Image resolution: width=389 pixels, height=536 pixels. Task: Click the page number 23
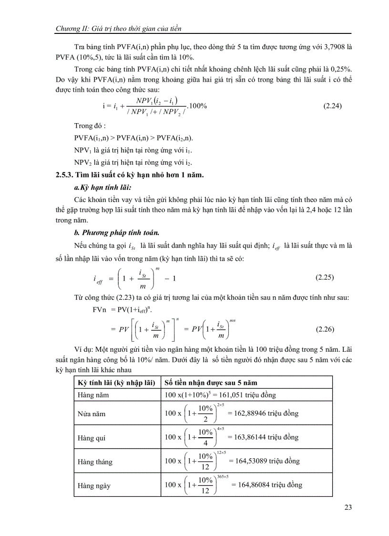[348, 507]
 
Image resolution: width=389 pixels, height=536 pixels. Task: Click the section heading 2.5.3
[130, 175]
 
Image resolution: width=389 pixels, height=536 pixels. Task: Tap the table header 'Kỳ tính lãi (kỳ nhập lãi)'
[116, 382]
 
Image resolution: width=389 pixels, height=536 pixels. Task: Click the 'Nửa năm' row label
[91, 414]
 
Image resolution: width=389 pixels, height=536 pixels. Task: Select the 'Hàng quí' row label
[92, 437]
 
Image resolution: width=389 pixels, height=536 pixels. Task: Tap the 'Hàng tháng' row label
[95, 462]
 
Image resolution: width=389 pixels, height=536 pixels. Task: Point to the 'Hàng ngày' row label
[94, 485]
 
